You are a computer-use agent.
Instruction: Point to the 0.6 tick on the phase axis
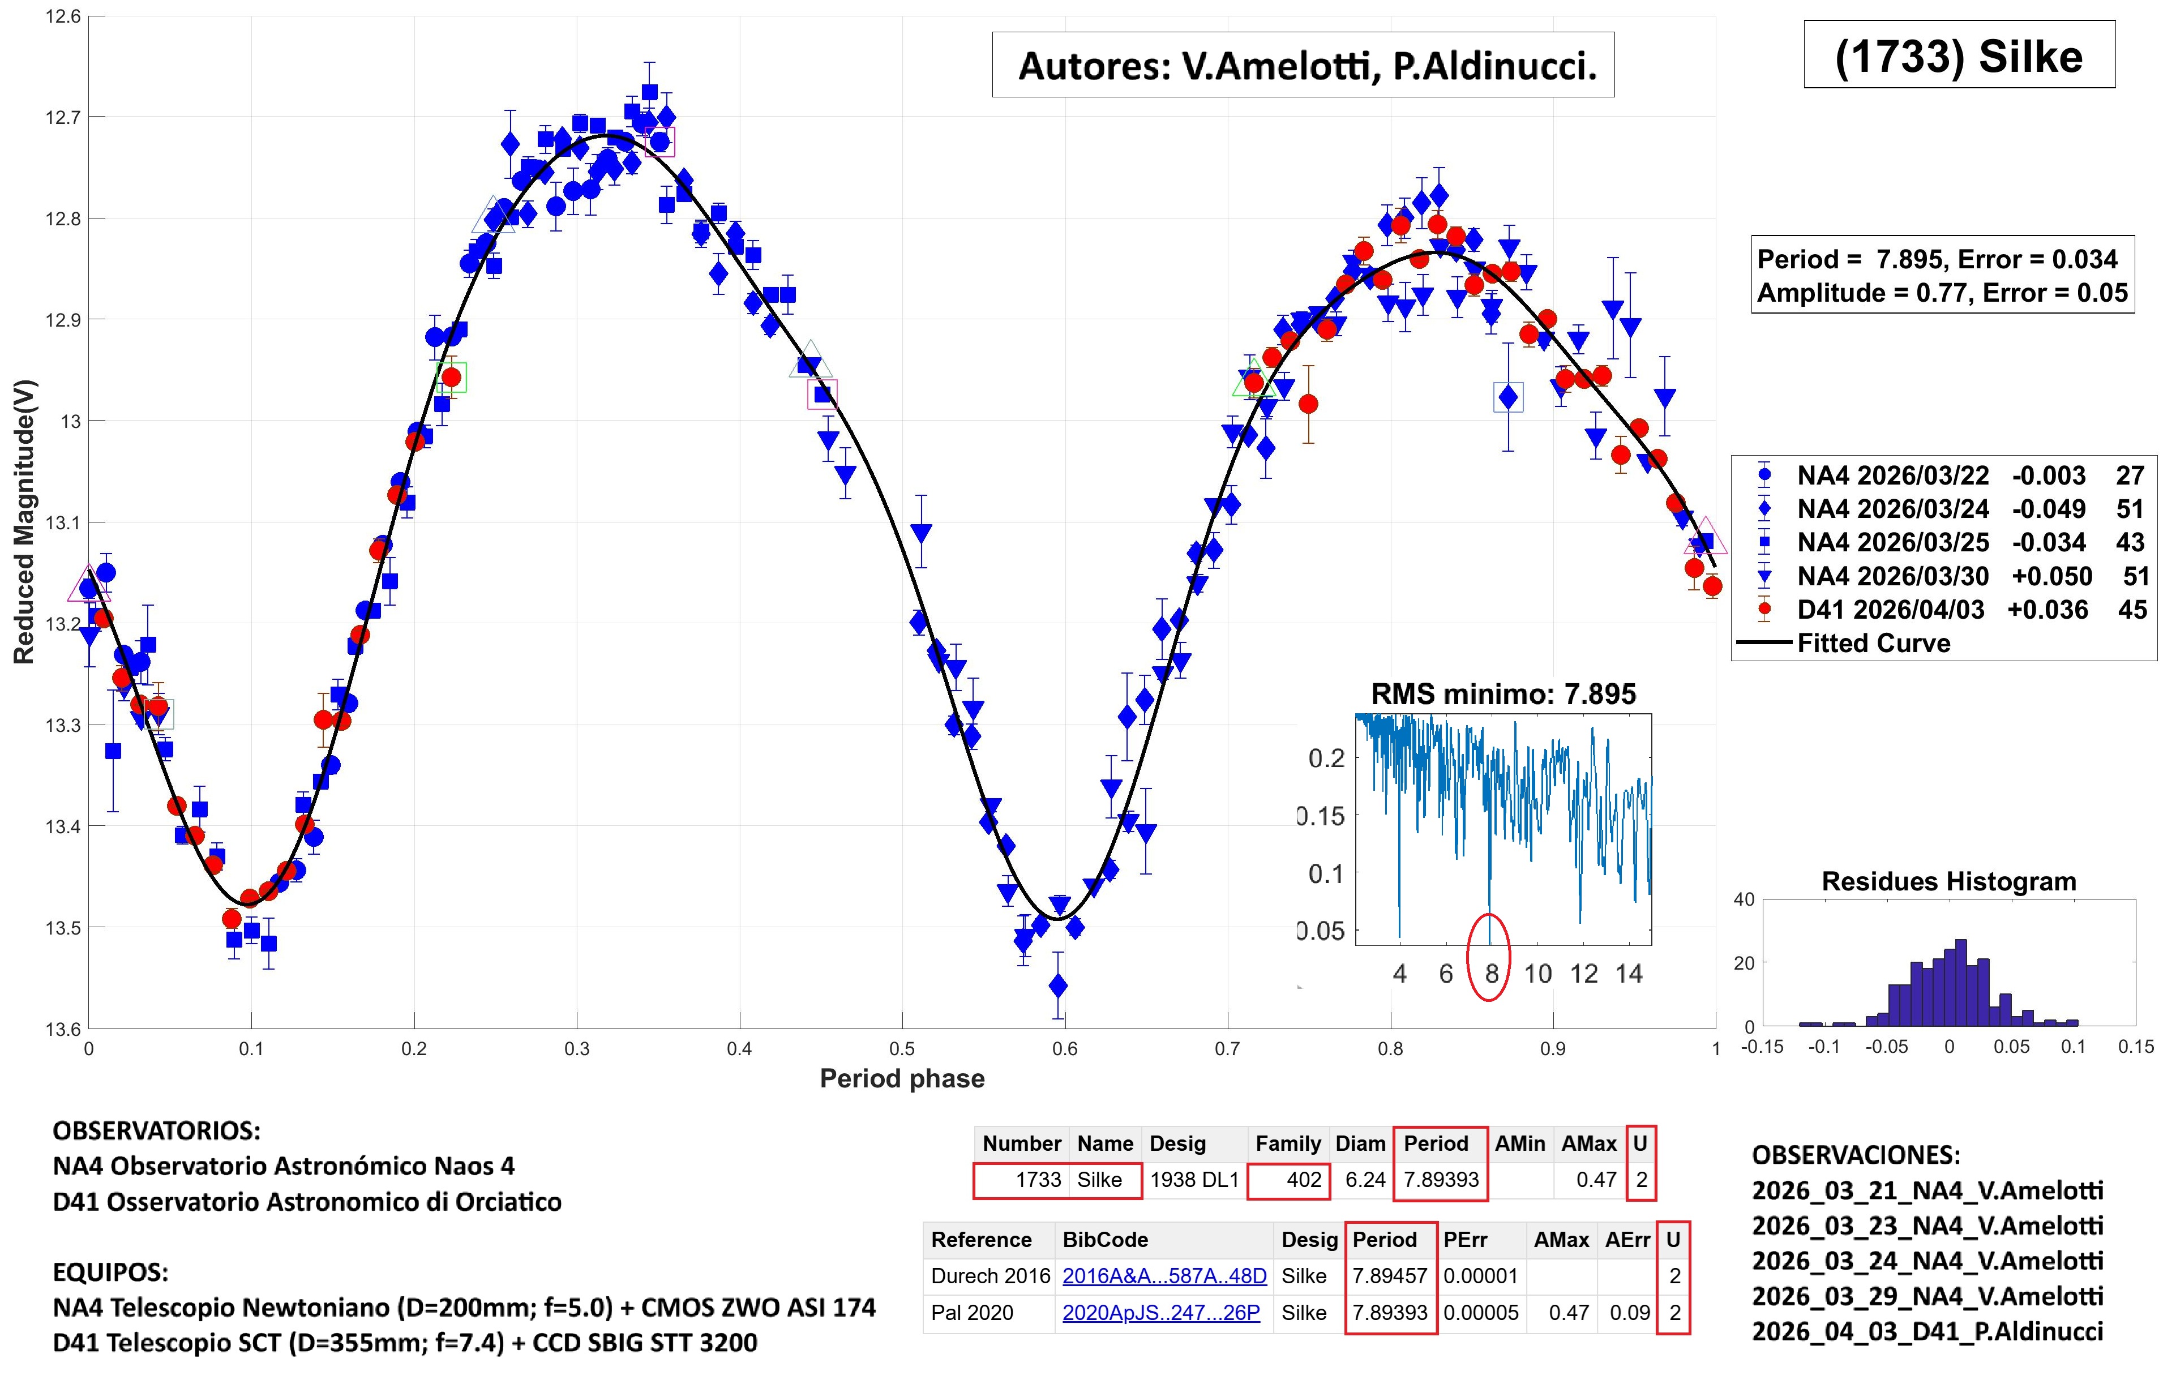pyautogui.click(x=1064, y=1049)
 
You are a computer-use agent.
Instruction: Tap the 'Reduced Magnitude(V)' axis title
pyautogui.click(x=24, y=522)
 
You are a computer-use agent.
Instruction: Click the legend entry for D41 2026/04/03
pyautogui.click(x=1891, y=610)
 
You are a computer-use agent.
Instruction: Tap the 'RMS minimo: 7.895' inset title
pyautogui.click(x=1503, y=694)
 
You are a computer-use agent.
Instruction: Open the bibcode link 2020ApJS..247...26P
pyautogui.click(x=1160, y=1313)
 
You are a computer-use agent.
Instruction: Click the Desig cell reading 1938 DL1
pyautogui.click(x=1194, y=1180)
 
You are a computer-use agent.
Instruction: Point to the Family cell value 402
pyautogui.click(x=1304, y=1180)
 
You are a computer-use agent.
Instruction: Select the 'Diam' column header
pyautogui.click(x=1360, y=1143)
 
